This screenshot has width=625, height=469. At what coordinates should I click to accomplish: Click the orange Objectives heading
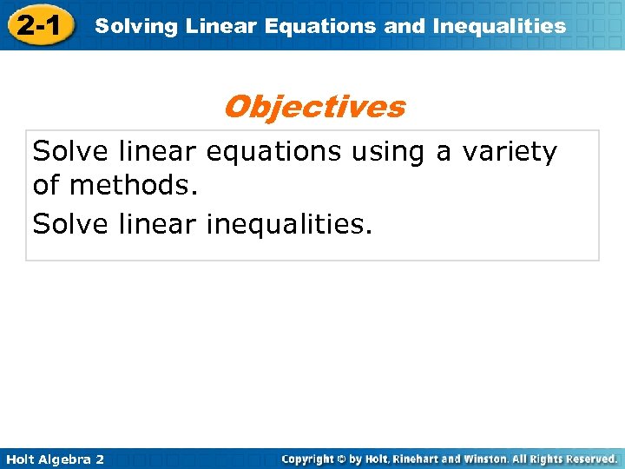tap(313, 107)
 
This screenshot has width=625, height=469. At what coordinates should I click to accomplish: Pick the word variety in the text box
tap(510, 152)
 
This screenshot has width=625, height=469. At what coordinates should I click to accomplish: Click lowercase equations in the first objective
tap(274, 152)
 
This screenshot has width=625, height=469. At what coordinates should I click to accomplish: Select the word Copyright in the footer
tap(309, 459)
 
